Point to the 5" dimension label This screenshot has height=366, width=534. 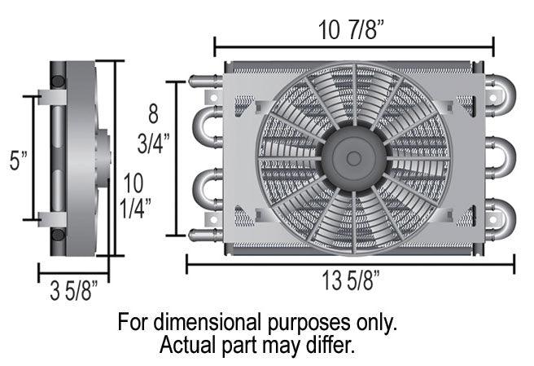17,161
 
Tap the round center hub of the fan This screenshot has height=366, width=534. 355,157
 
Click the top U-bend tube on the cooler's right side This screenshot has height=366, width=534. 501,95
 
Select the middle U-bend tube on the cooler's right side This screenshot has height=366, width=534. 501,155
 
